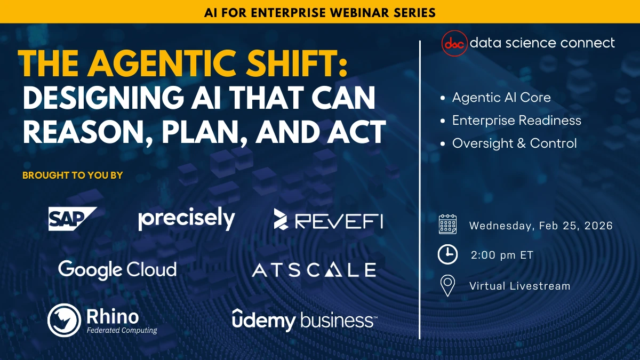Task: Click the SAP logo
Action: [x=73, y=219]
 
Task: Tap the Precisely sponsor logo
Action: [x=187, y=219]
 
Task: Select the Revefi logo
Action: [x=328, y=219]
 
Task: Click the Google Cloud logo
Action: [x=117, y=269]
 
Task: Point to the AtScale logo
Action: [x=314, y=270]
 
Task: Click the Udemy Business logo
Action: [x=305, y=319]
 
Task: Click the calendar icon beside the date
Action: [x=447, y=225]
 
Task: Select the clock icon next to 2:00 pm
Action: [x=447, y=255]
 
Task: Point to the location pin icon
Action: [x=447, y=286]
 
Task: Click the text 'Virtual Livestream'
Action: [x=519, y=286]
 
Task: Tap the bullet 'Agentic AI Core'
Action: [x=501, y=98]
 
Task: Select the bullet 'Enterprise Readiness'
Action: [x=516, y=121]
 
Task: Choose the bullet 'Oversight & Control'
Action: [x=514, y=143]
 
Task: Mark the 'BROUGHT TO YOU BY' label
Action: [x=73, y=175]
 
